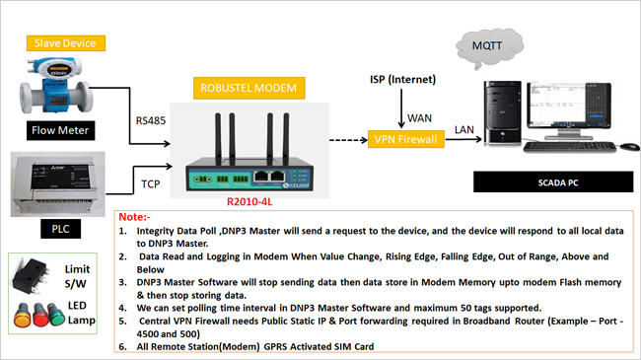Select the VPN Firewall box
(406, 139)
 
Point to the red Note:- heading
(133, 215)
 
